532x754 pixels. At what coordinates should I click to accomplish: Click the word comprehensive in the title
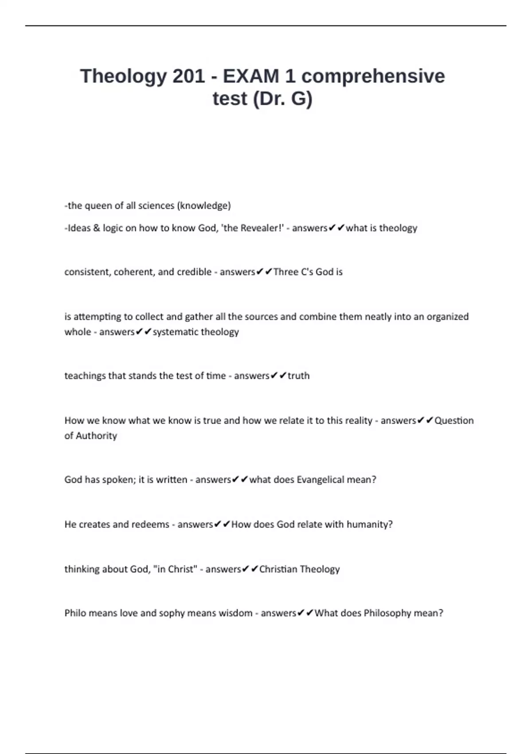(373, 76)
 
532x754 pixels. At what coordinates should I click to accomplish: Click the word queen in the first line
(97, 206)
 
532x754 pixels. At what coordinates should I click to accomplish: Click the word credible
(194, 272)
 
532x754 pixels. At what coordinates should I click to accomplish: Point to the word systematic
(175, 332)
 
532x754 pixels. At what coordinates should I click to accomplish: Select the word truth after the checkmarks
(299, 376)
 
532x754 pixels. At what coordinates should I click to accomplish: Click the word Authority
(96, 436)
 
